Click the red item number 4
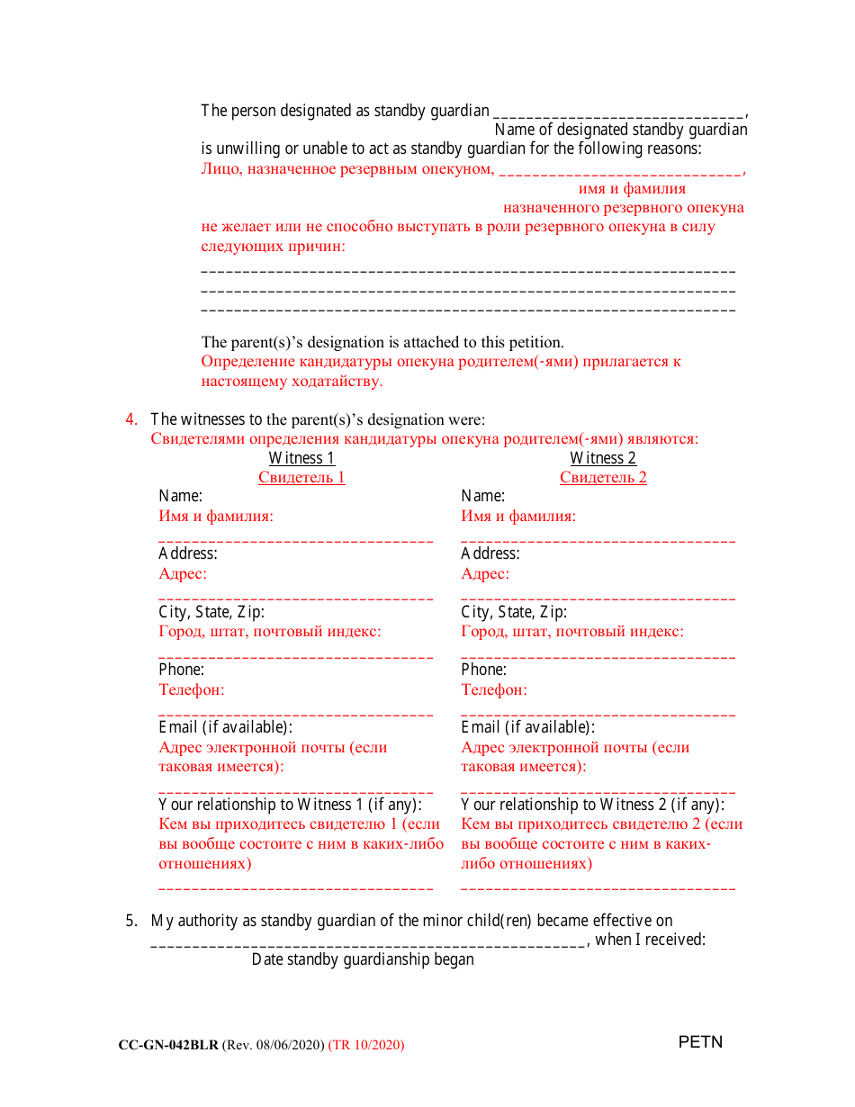pyautogui.click(x=131, y=419)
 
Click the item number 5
pyautogui.click(x=131, y=921)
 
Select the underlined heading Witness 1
pyautogui.click(x=301, y=458)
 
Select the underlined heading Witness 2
pyautogui.click(x=603, y=458)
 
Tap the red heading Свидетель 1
pyautogui.click(x=301, y=478)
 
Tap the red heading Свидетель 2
pyautogui.click(x=603, y=478)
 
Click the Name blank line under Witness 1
pyautogui.click(x=296, y=539)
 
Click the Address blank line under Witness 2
pyautogui.click(x=598, y=597)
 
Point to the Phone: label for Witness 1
pyautogui.click(x=182, y=670)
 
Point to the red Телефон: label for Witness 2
pyautogui.click(x=494, y=690)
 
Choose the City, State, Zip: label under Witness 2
pyautogui.click(x=514, y=612)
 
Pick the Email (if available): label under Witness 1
pyautogui.click(x=226, y=727)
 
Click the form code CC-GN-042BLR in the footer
pyautogui.click(x=168, y=1045)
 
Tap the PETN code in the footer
pyautogui.click(x=700, y=1043)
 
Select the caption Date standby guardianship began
pyautogui.click(x=363, y=959)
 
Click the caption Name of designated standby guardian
pyautogui.click(x=621, y=130)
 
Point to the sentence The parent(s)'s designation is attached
pyautogui.click(x=382, y=342)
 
